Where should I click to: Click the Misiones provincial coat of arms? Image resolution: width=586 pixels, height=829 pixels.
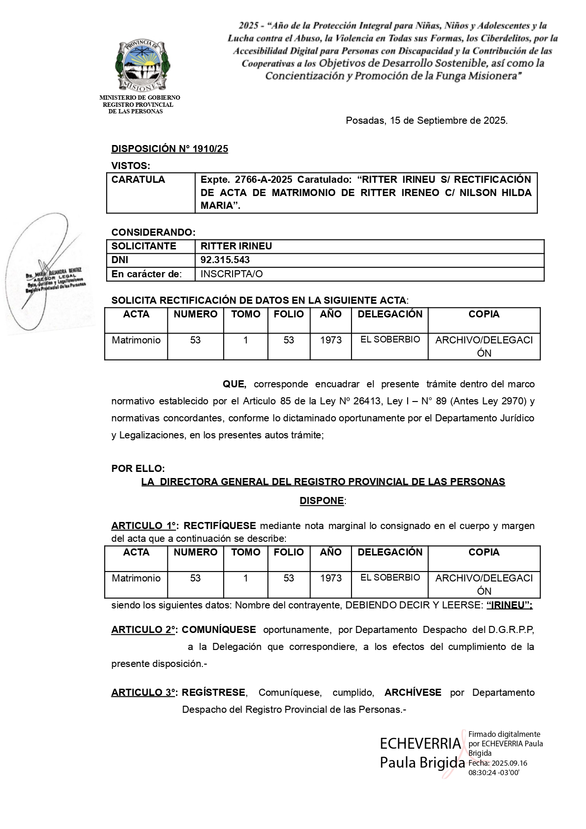[x=143, y=65]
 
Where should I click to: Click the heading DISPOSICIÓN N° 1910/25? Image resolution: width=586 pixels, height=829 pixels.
[x=169, y=149]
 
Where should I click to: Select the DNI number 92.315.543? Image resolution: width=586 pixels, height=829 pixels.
[x=225, y=260]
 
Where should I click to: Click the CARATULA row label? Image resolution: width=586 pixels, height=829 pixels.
[x=138, y=179]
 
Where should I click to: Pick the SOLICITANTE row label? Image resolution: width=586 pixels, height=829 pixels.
[x=143, y=246]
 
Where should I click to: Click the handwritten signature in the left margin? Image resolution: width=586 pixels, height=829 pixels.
[x=45, y=274]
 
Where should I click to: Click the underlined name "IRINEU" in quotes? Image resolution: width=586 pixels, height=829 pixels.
[x=509, y=605]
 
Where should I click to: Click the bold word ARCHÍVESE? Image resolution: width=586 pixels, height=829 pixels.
[x=413, y=692]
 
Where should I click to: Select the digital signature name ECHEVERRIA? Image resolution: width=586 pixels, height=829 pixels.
[x=420, y=744]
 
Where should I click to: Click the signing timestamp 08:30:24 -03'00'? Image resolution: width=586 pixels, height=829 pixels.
[x=494, y=773]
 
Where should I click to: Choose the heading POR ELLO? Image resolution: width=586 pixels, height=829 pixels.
[x=138, y=469]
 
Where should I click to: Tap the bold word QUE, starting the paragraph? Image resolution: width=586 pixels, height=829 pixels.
[x=234, y=384]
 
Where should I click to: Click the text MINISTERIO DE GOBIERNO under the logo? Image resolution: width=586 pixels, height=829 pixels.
[x=140, y=98]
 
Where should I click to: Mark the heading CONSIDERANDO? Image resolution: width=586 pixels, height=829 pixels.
[x=153, y=232]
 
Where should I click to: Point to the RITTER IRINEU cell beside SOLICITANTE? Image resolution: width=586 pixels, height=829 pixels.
[x=236, y=246]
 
